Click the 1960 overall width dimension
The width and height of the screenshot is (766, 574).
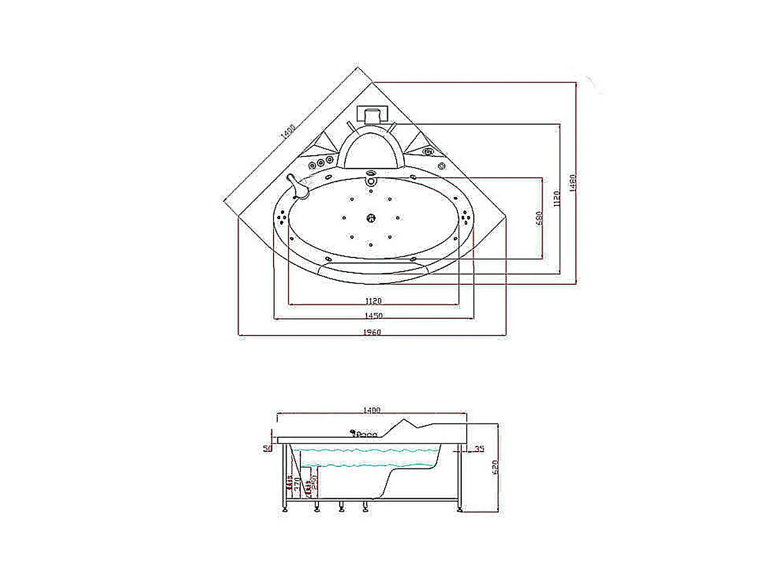coord(372,332)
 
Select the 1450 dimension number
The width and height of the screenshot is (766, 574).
coord(374,315)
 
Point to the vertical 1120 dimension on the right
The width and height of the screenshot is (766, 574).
coord(556,198)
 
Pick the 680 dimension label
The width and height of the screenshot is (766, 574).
coord(539,218)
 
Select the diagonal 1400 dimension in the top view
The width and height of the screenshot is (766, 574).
coord(288,132)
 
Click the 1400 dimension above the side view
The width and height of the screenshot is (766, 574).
coord(372,410)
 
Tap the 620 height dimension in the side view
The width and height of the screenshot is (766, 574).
coord(496,467)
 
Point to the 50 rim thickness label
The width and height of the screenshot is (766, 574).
coord(268,448)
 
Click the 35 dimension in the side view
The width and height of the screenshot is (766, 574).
coord(479,449)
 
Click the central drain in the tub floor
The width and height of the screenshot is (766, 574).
coord(371,219)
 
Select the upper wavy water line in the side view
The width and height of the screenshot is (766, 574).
coord(367,451)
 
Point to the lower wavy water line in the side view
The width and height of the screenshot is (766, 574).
coord(367,466)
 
